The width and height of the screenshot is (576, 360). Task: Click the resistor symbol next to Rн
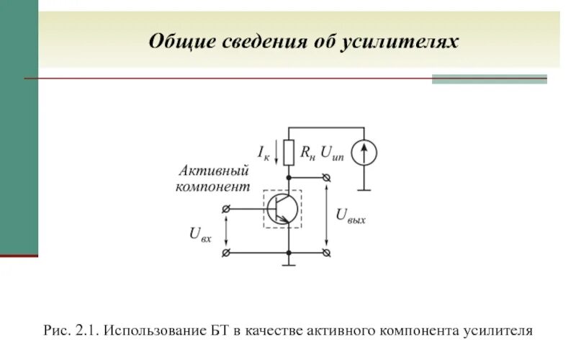pyautogui.click(x=289, y=152)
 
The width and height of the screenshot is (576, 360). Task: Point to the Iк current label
pyautogui.click(x=263, y=152)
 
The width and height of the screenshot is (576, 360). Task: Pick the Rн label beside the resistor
pyautogui.click(x=307, y=152)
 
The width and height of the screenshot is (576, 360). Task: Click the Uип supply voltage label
pyautogui.click(x=333, y=152)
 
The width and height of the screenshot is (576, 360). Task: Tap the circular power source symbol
pyautogui.click(x=364, y=152)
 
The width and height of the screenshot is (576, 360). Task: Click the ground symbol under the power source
pyautogui.click(x=364, y=189)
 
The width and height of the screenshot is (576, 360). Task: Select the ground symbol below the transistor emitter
pyautogui.click(x=289, y=264)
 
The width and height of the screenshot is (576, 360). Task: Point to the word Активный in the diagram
pyautogui.click(x=213, y=171)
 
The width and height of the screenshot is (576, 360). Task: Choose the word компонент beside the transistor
pyautogui.click(x=213, y=186)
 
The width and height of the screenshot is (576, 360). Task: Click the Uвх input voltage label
pyautogui.click(x=200, y=233)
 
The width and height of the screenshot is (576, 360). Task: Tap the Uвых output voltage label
pyautogui.click(x=351, y=215)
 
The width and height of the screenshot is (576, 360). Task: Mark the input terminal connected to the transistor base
pyautogui.click(x=228, y=209)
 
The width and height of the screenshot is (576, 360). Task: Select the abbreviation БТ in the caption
pyautogui.click(x=220, y=332)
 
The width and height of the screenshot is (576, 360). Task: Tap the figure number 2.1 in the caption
pyautogui.click(x=86, y=332)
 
